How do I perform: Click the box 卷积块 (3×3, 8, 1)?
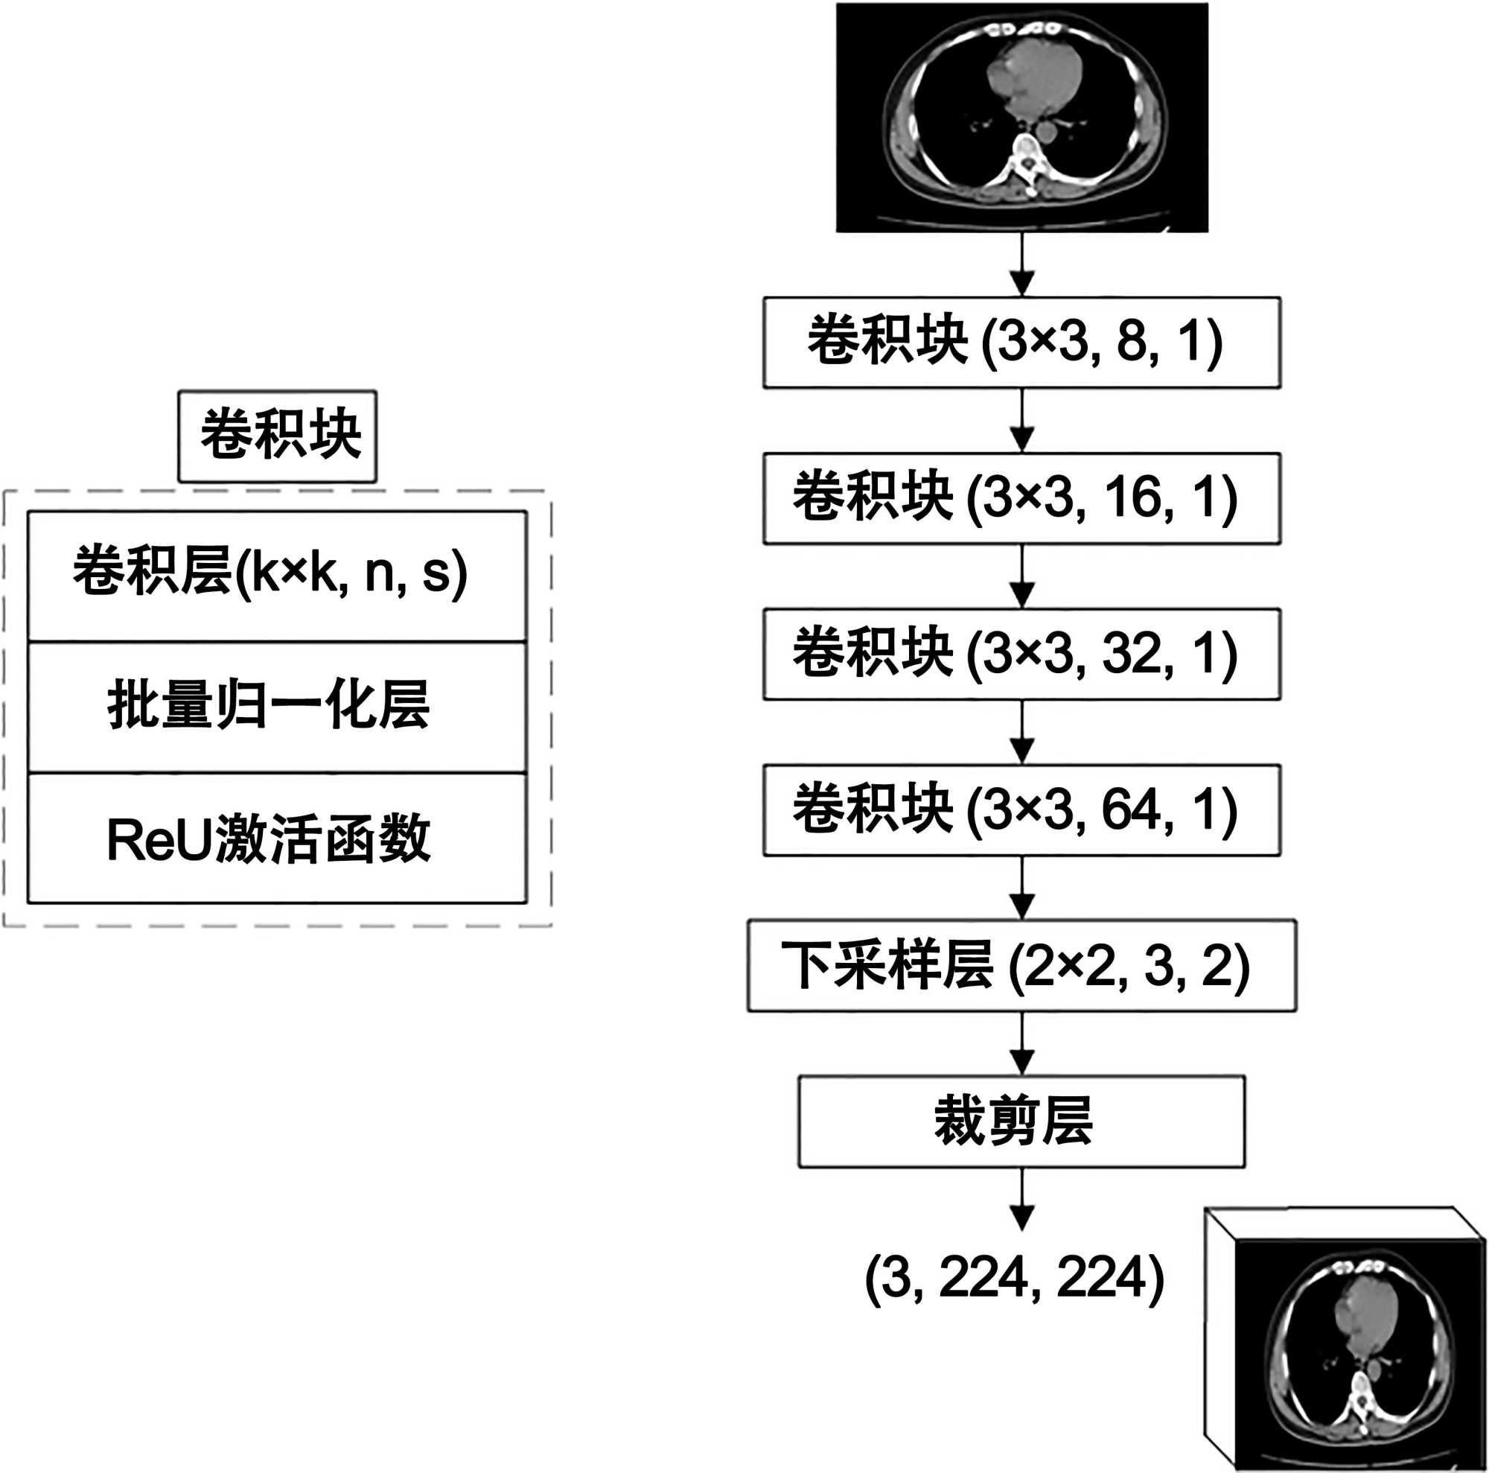pyautogui.click(x=1021, y=343)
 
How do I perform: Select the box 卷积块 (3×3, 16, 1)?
pyautogui.click(x=1021, y=498)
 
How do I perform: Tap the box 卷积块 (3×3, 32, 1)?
pyautogui.click(x=1021, y=654)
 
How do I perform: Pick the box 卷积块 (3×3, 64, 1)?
pyautogui.click(x=1021, y=809)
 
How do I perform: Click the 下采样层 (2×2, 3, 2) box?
pyautogui.click(x=1021, y=965)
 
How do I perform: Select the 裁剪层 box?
pyautogui.click(x=1021, y=1122)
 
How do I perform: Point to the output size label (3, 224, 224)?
pyautogui.click(x=1013, y=1278)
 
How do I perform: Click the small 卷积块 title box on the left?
pyautogui.click(x=278, y=436)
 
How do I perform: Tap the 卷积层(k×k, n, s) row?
pyautogui.click(x=278, y=575)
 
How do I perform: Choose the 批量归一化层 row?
pyautogui.click(x=278, y=707)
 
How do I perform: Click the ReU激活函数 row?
pyautogui.click(x=278, y=839)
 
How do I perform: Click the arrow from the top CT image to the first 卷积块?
pyautogui.click(x=1022, y=265)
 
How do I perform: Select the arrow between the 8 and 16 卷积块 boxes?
pyautogui.click(x=1022, y=421)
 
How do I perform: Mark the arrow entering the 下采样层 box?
pyautogui.click(x=1022, y=888)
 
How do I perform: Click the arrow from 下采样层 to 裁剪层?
pyautogui.click(x=1022, y=1043)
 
